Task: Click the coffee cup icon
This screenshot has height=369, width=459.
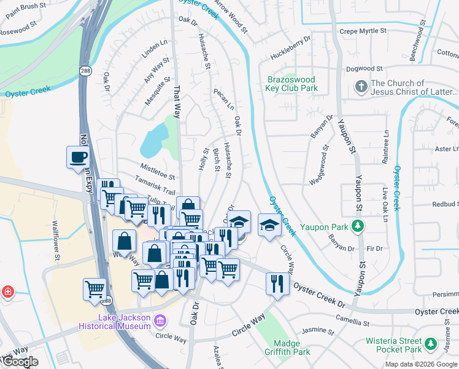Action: click(x=78, y=158)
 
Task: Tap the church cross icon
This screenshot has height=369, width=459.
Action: click(x=361, y=87)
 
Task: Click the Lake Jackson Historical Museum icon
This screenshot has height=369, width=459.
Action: click(x=161, y=320)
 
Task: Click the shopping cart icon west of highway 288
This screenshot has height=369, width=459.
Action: click(x=94, y=288)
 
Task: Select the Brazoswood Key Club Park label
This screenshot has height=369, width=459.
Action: click(x=292, y=84)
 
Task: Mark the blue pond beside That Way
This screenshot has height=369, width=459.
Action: click(x=153, y=140)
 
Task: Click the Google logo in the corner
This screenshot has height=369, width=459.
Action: click(x=20, y=362)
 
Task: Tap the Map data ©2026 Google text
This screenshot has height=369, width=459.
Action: click(x=420, y=364)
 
